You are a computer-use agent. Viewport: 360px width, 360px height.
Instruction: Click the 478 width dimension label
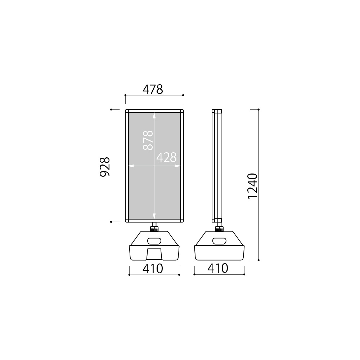coord(153,90)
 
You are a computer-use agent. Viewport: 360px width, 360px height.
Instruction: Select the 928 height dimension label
coord(105,167)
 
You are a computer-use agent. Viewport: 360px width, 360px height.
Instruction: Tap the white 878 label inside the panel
coord(148,140)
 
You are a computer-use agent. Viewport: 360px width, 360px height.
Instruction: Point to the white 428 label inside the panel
coord(166,158)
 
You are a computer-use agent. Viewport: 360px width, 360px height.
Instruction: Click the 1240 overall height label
coord(253,186)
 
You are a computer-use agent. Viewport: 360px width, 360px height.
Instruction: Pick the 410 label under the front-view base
coord(153,269)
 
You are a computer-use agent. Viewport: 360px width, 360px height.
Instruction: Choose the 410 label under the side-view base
coord(218,269)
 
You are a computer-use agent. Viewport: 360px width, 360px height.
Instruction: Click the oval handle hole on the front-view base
coord(154,241)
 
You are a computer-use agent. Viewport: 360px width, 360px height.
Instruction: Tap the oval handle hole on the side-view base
coord(220,241)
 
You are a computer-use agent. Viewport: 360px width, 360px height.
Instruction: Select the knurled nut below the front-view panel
coord(154,229)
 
